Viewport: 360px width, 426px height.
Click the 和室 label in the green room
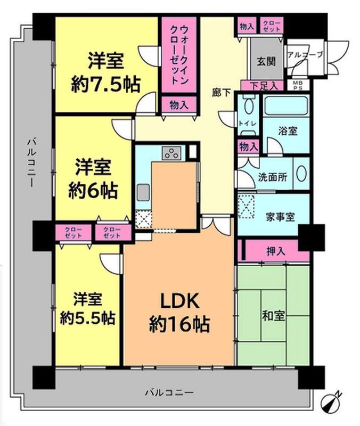273,315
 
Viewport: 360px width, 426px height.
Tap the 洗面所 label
273,177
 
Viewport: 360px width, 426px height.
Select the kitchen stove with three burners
172,153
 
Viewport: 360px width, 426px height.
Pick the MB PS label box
296,85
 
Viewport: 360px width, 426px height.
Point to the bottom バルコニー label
169,392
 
